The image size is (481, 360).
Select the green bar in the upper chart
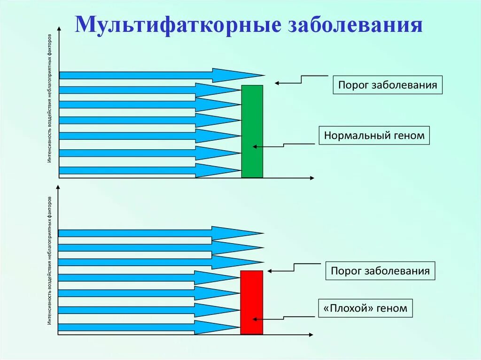[x=252, y=131]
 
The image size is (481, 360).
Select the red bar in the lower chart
[x=251, y=302]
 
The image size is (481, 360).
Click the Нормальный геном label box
[x=374, y=136]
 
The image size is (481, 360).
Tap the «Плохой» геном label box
[x=366, y=309]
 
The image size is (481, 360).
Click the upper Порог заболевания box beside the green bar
[x=388, y=85]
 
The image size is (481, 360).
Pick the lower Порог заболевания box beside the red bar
[x=380, y=271]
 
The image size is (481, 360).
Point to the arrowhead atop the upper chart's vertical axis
[x=59, y=29]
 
